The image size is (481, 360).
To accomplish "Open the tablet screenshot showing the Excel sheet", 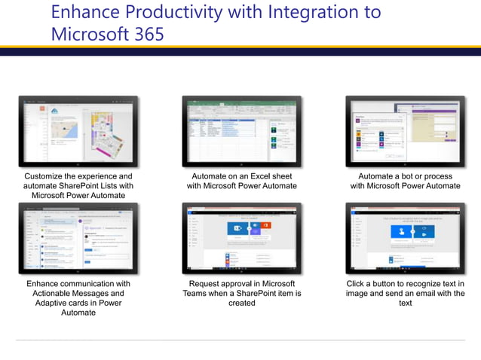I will (241, 131).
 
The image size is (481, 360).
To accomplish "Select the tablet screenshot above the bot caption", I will (405, 131).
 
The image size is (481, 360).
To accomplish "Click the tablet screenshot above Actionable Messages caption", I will (78, 238).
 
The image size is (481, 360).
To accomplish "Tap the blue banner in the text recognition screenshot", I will (405, 231).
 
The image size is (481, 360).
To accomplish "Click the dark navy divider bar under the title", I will (240, 52).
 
